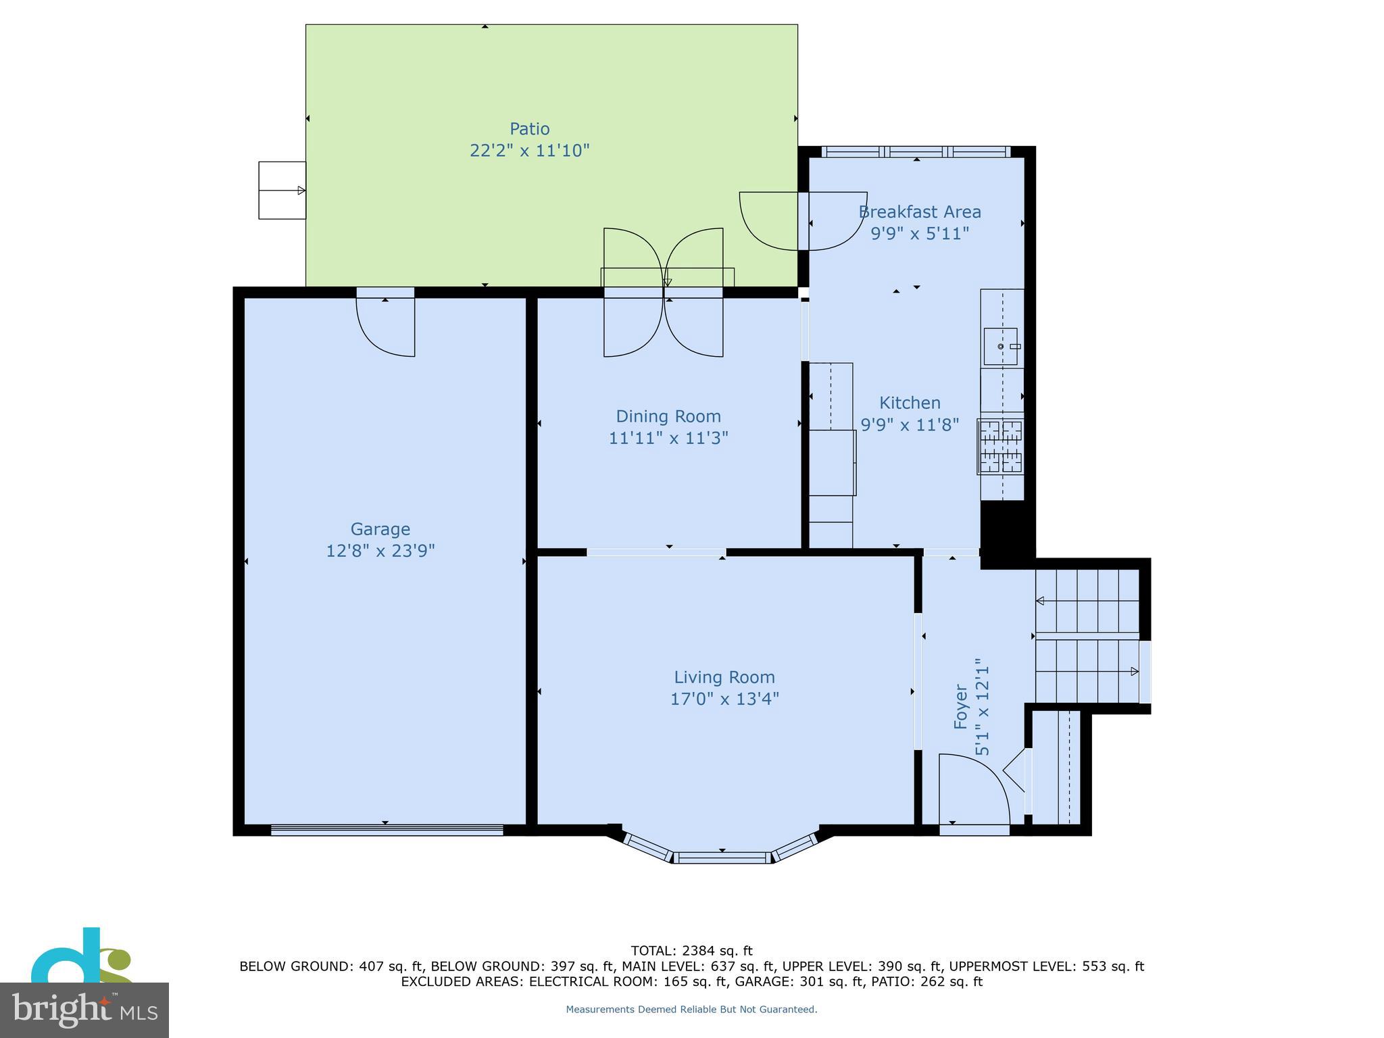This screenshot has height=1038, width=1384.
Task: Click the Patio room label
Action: [529, 128]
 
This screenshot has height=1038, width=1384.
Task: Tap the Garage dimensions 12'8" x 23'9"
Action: [380, 551]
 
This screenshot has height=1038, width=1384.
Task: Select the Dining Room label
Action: [668, 416]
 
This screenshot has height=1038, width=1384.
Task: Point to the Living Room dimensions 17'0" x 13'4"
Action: [724, 699]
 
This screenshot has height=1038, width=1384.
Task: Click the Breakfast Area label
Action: [919, 212]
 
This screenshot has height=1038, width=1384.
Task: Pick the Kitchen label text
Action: [909, 403]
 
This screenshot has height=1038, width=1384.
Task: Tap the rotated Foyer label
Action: [960, 706]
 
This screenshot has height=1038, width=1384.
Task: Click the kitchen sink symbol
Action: [1001, 346]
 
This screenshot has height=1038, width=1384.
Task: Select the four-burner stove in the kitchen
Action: [1002, 446]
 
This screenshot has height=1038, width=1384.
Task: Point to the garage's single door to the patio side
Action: [385, 324]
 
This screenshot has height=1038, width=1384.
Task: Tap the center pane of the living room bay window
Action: [722, 858]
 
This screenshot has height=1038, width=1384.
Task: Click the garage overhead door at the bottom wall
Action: [387, 829]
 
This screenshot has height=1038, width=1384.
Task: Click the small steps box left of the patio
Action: [282, 191]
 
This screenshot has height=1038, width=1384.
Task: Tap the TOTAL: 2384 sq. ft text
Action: [691, 951]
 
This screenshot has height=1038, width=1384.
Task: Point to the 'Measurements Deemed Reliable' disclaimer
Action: [691, 1009]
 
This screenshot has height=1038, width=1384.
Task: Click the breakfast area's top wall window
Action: [916, 152]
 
